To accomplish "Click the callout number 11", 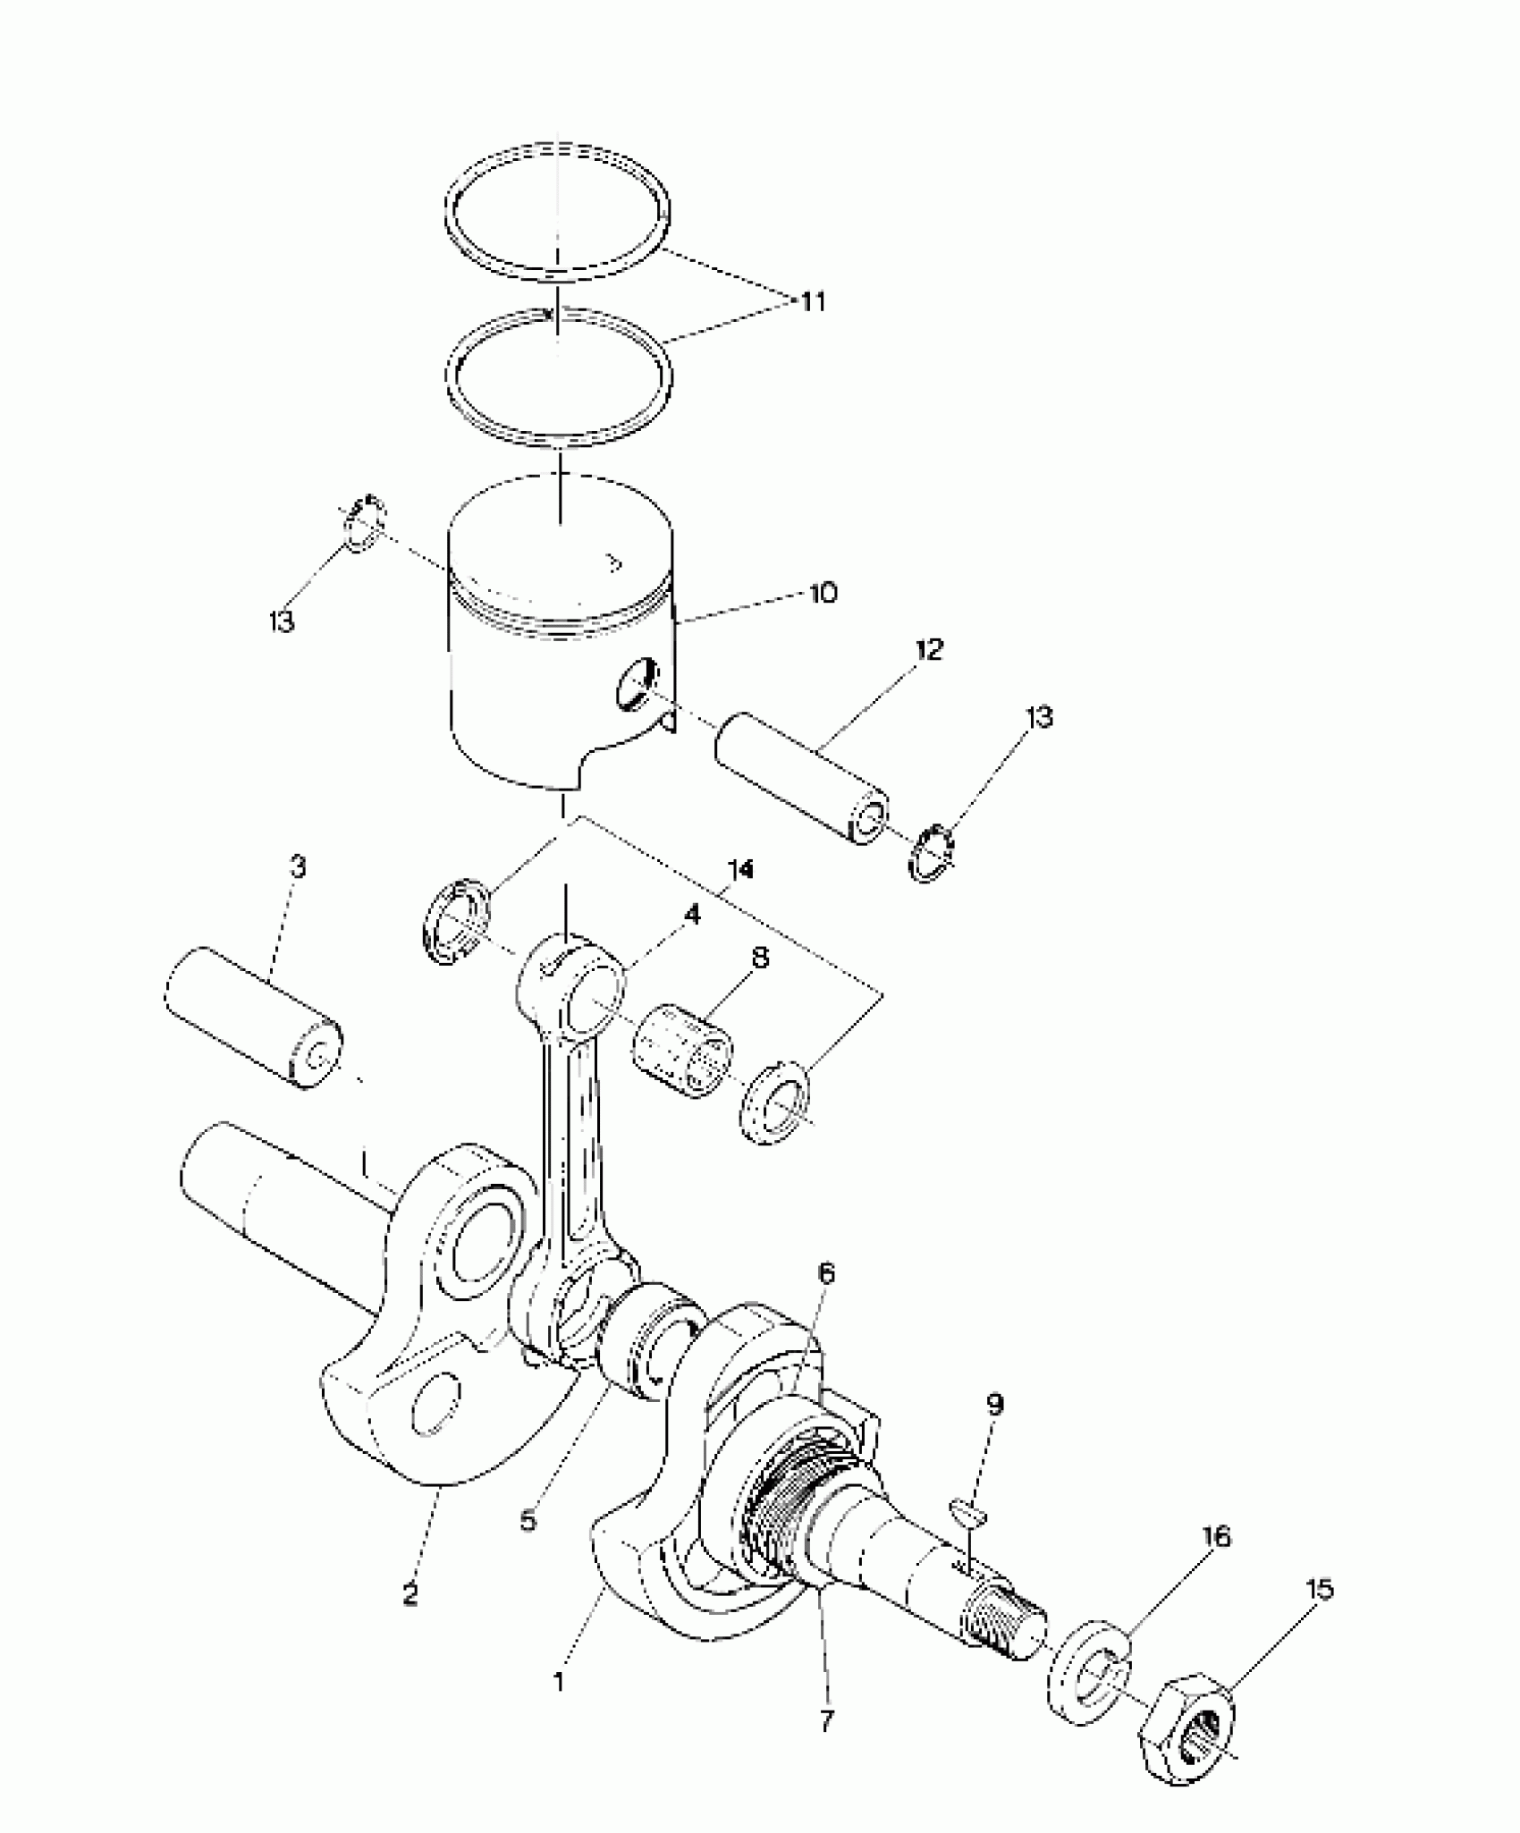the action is [812, 301].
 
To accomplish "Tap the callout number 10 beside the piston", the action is [823, 592].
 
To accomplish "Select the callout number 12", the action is [929, 650].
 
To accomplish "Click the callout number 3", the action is [298, 866].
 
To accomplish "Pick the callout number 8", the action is [759, 959].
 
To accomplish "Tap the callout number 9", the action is [995, 1405].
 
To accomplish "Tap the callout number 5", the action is [528, 1519].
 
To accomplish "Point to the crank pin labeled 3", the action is [253, 1017].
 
